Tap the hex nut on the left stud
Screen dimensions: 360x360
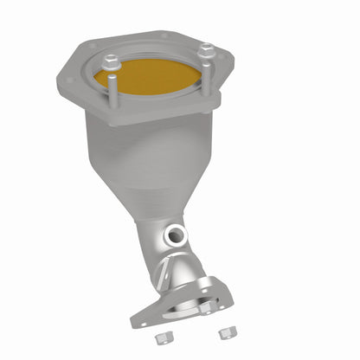[112, 61]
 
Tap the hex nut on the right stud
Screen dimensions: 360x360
[205, 51]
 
